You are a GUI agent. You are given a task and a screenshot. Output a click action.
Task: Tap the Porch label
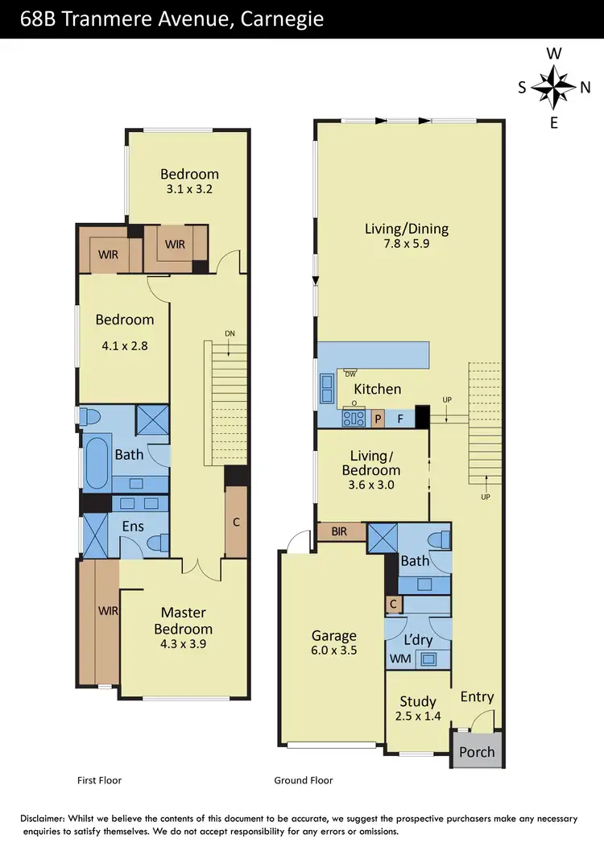(x=477, y=753)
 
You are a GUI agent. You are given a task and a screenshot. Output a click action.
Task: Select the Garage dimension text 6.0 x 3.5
(x=333, y=651)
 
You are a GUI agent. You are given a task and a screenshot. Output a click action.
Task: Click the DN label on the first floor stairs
(x=230, y=333)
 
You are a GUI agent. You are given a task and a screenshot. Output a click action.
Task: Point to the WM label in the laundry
(x=400, y=659)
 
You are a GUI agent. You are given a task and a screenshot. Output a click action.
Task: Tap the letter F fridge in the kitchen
(x=400, y=419)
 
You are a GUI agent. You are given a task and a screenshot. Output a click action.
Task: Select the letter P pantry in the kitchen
(x=378, y=419)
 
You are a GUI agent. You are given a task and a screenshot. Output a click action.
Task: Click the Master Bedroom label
(x=184, y=621)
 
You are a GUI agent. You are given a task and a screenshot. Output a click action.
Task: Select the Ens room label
(x=134, y=527)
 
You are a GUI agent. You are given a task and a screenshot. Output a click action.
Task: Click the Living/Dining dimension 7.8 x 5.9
(x=407, y=244)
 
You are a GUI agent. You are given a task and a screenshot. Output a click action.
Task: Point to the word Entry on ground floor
(x=477, y=696)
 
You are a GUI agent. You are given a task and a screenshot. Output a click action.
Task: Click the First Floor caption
(x=99, y=780)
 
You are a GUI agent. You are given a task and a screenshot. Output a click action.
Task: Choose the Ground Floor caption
(x=304, y=780)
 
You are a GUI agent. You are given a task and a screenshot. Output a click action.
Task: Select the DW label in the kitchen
(x=350, y=374)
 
